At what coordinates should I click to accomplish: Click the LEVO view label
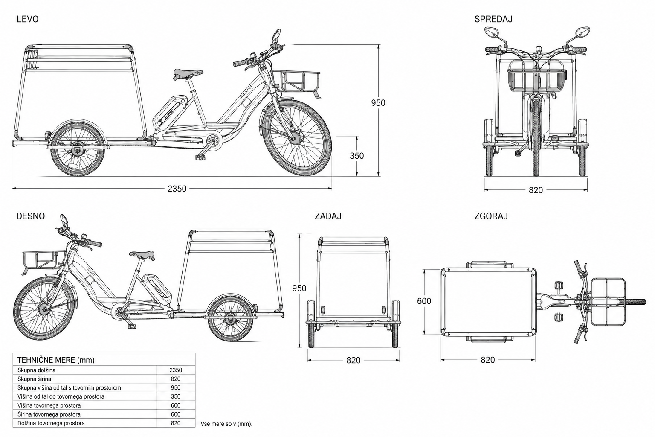(27, 19)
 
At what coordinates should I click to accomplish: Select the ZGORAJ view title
(491, 216)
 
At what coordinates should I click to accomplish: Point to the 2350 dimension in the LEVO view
(177, 189)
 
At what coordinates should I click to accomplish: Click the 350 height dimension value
(357, 156)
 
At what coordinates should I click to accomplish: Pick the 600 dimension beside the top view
(424, 301)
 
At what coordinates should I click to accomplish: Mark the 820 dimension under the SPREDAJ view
(536, 190)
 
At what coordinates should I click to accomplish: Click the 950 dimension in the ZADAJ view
(299, 288)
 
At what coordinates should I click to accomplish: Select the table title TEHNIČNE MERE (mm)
(56, 360)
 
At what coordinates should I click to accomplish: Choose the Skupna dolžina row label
(36, 370)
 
